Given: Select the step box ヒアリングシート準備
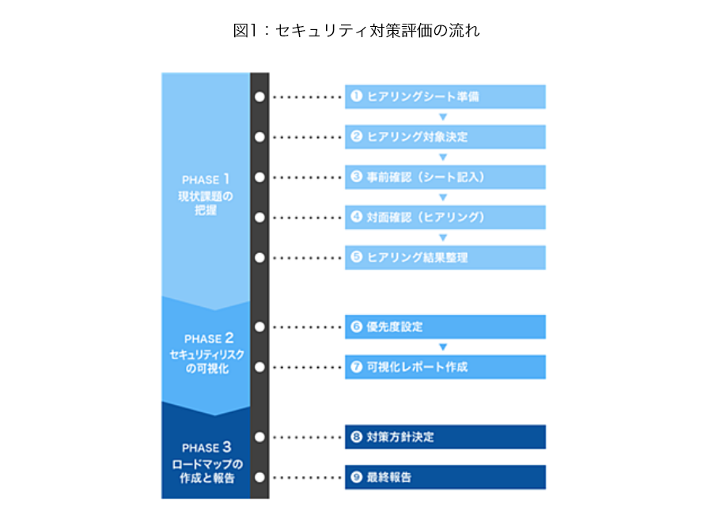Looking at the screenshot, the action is [x=445, y=97].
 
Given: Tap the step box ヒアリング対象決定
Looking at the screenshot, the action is [x=445, y=137].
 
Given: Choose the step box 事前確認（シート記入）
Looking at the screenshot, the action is [x=445, y=177].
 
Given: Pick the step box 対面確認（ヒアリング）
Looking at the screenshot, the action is [x=445, y=217].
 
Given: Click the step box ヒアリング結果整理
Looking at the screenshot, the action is [x=445, y=258].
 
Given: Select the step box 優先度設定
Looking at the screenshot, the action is [x=445, y=327].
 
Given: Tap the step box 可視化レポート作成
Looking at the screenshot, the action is [x=445, y=367].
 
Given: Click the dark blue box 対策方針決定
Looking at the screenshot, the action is [x=445, y=437].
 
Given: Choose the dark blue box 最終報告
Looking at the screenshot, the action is [x=445, y=477].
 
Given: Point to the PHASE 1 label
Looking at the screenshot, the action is [x=206, y=180].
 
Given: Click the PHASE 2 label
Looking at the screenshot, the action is [x=208, y=339].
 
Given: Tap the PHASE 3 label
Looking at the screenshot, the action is [x=206, y=448].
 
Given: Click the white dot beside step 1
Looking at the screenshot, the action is [x=259, y=97].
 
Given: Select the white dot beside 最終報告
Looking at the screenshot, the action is [x=259, y=477].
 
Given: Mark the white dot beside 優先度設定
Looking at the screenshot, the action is [x=259, y=327].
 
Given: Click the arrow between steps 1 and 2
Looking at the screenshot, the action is [x=443, y=117].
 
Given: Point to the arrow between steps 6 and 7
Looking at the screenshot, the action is [x=443, y=347].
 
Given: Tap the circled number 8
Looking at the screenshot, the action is [x=357, y=437].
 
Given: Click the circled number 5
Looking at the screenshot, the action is [x=357, y=257].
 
